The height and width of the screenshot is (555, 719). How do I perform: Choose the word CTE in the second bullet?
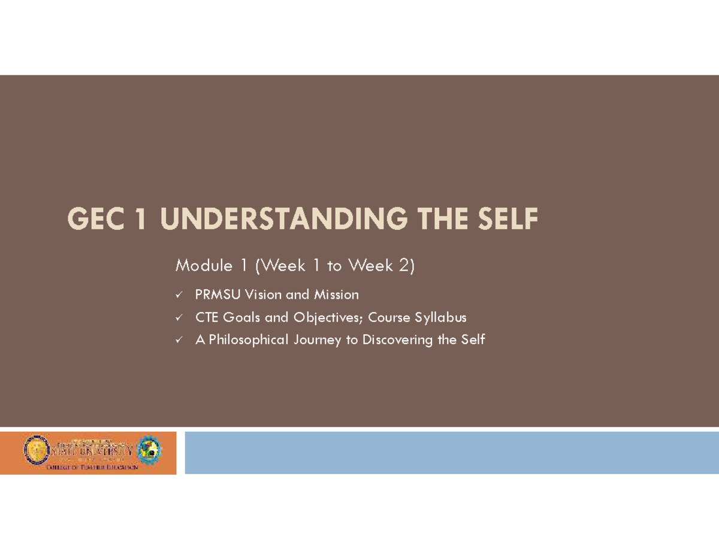pyautogui.click(x=206, y=317)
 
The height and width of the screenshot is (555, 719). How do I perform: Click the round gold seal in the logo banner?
pyautogui.click(x=35, y=450)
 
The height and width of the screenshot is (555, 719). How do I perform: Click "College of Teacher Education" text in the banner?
pyautogui.click(x=92, y=466)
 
